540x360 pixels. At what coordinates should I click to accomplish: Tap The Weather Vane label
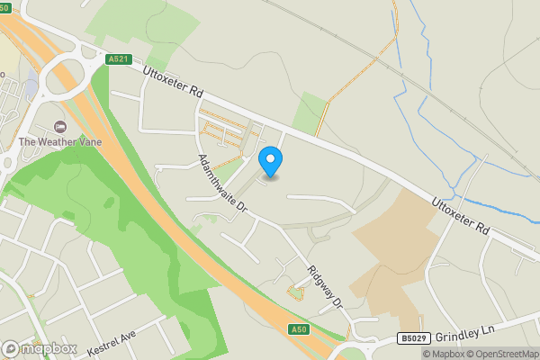(61, 141)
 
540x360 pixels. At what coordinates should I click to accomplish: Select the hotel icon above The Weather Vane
(61, 126)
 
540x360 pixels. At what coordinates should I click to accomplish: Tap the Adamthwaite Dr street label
(222, 184)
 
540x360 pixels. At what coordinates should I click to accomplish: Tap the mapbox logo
(39, 348)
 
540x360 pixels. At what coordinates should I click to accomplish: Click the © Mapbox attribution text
(442, 354)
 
